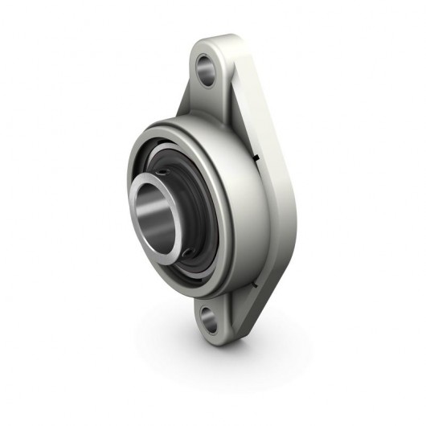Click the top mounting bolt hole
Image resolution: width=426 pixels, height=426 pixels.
(x=207, y=71)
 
